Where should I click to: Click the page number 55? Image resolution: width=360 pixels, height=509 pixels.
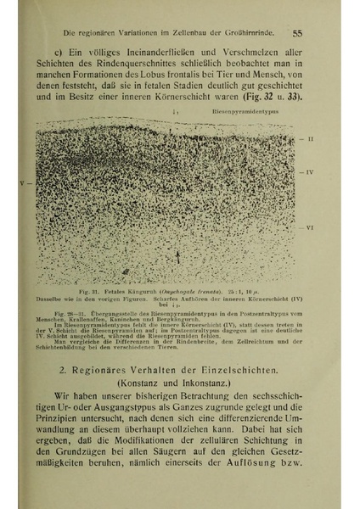pyautogui.click(x=297, y=34)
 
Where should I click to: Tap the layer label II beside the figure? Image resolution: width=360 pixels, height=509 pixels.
pyautogui.click(x=310, y=137)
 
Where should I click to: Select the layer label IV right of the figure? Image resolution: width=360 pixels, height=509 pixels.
pyautogui.click(x=310, y=172)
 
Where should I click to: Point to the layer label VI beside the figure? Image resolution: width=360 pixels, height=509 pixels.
pyautogui.click(x=310, y=228)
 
